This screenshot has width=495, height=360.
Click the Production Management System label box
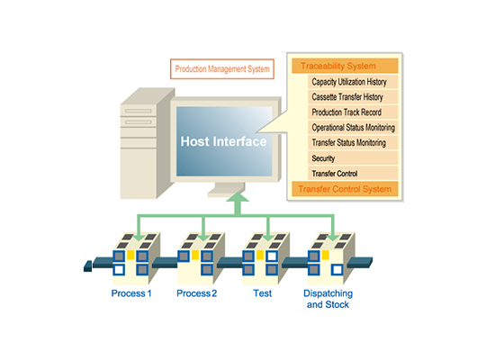222,68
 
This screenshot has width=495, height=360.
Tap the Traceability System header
345,66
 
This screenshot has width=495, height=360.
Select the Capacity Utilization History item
353,82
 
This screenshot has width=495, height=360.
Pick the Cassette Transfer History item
353,97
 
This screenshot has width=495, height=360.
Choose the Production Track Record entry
353,112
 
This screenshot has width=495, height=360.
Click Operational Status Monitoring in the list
353,127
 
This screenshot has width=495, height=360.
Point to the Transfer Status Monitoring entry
353,143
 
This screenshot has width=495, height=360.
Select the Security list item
353,157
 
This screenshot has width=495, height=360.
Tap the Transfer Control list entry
353,173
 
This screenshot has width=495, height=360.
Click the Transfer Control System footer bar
345,189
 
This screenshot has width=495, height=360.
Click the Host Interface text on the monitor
223,141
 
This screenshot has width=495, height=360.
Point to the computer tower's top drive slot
139,111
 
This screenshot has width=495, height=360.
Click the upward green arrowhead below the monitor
238,198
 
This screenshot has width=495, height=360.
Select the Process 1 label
131,293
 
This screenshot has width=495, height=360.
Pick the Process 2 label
197,293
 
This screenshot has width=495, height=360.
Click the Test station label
262,293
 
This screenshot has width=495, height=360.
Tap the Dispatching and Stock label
328,299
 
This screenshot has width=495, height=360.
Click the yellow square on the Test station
260,255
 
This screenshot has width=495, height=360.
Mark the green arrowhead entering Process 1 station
138,238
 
